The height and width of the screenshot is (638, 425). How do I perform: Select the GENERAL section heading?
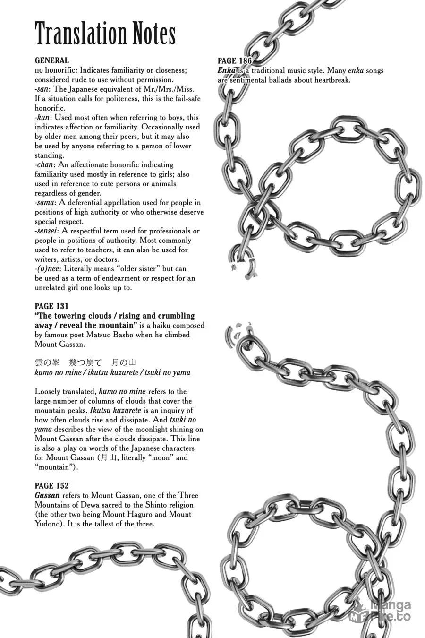pyautogui.click(x=52, y=60)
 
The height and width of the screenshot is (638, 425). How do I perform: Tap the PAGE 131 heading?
pyautogui.click(x=51, y=306)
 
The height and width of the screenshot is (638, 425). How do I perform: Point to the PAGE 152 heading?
pyautogui.click(x=51, y=486)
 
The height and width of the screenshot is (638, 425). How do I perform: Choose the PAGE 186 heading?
pyautogui.click(x=235, y=61)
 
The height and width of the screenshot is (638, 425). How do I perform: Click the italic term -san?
pyautogui.click(x=43, y=89)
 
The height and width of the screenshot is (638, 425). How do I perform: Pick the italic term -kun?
pyautogui.click(x=43, y=118)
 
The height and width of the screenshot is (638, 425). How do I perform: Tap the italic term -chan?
pyautogui.click(x=44, y=165)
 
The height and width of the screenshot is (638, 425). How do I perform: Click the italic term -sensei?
pyautogui.click(x=46, y=231)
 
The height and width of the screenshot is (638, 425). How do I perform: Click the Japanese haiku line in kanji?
pyautogui.click(x=85, y=363)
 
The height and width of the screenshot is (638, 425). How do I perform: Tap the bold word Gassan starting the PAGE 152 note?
pyautogui.click(x=47, y=496)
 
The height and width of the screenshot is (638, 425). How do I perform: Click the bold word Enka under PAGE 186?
pyautogui.click(x=226, y=71)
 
